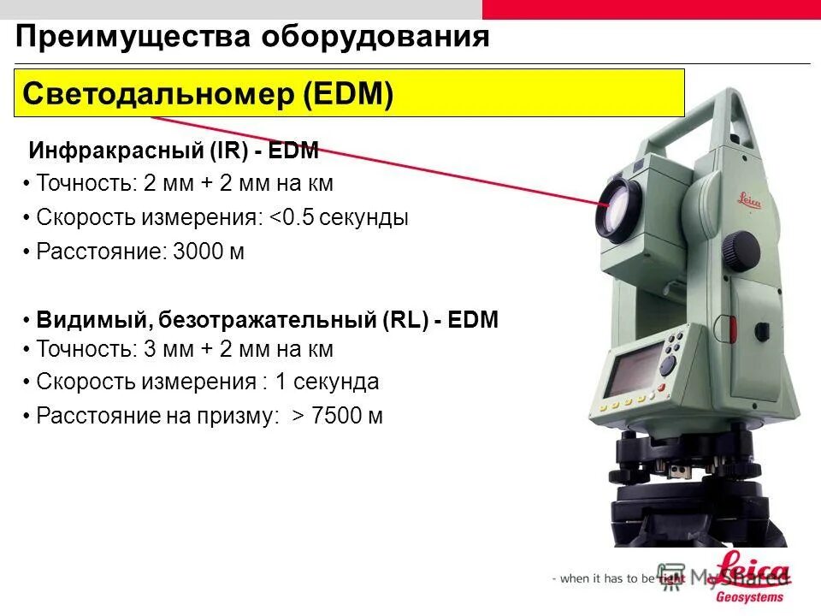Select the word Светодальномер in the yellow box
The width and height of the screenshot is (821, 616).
158,93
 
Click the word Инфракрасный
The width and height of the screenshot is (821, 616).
115,151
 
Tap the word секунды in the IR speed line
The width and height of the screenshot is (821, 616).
365,218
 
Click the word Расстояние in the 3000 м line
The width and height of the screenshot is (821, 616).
100,253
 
